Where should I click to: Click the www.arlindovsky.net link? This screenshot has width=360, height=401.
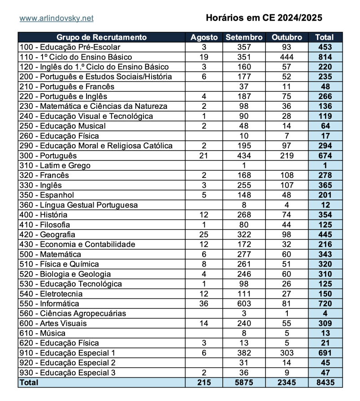pyautogui.click(x=56, y=18)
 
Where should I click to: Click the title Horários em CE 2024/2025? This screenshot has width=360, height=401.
pyautogui.click(x=264, y=18)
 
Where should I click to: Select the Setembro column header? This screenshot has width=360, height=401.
pyautogui.click(x=244, y=37)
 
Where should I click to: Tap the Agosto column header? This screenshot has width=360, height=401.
pyautogui.click(x=204, y=37)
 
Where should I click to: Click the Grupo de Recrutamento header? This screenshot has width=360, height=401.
pyautogui.click(x=102, y=37)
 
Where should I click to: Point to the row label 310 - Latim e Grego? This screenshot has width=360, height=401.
pyautogui.click(x=55, y=165)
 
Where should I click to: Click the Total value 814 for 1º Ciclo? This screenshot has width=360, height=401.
pyautogui.click(x=325, y=57)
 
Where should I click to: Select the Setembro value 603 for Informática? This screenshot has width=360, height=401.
pyautogui.click(x=244, y=303)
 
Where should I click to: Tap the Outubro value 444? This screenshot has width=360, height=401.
pyautogui.click(x=287, y=57)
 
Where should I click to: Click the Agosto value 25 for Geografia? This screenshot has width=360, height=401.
pyautogui.click(x=204, y=234)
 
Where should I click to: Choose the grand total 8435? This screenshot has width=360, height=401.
pyautogui.click(x=325, y=382)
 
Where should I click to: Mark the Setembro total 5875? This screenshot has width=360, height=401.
pyautogui.click(x=244, y=382)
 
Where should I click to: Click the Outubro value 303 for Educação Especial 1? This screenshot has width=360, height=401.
pyautogui.click(x=287, y=353)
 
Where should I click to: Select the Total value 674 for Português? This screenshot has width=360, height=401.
pyautogui.click(x=325, y=155)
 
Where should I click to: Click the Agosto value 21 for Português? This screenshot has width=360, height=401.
pyautogui.click(x=204, y=155)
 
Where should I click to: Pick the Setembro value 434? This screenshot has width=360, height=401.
pyautogui.click(x=244, y=155)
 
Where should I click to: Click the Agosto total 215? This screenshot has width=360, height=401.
pyautogui.click(x=204, y=382)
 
